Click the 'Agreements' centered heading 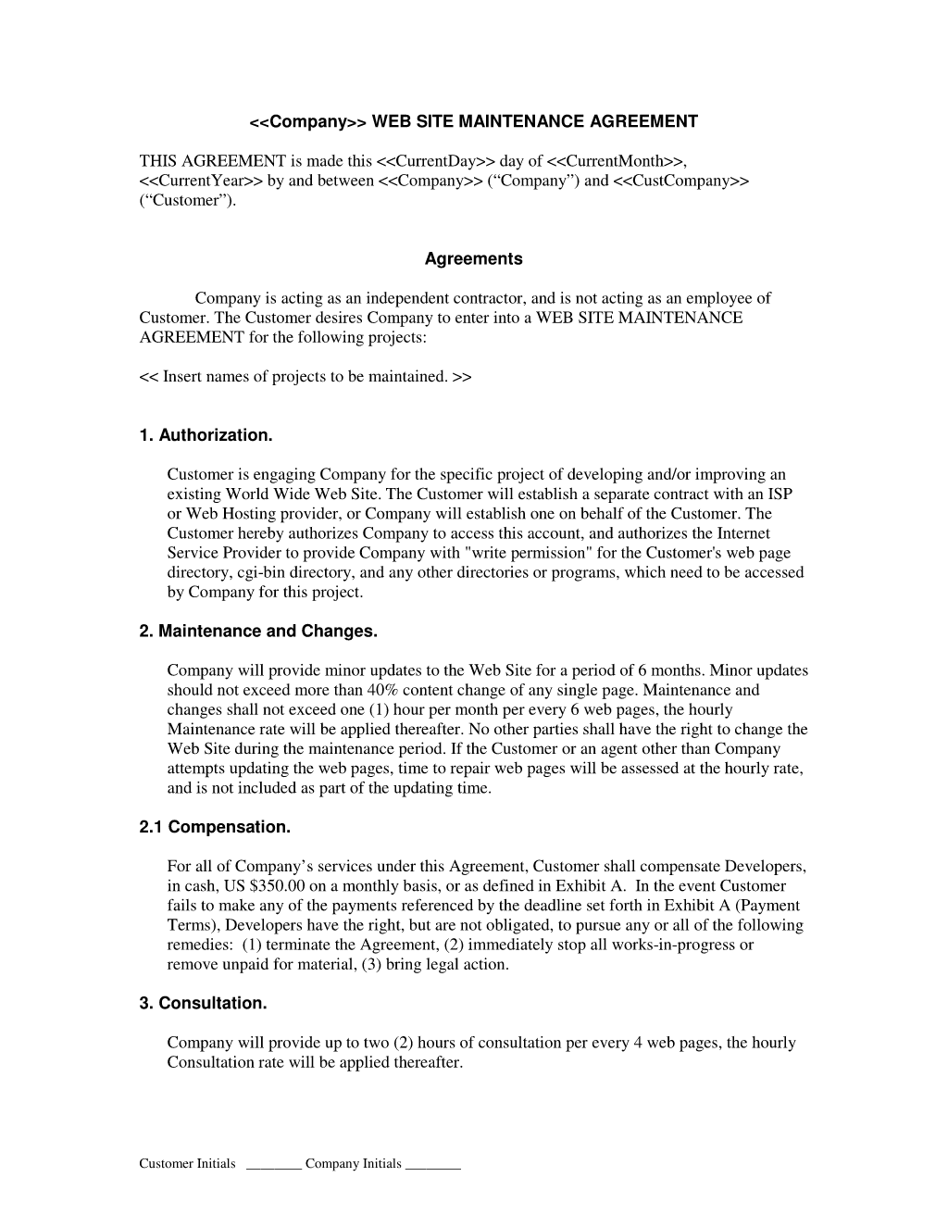[473, 259]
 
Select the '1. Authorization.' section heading [206, 435]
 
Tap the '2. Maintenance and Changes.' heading [258, 632]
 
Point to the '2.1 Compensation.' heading [215, 827]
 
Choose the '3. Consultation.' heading [203, 1004]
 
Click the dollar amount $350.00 [280, 886]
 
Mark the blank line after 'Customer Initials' [274, 1165]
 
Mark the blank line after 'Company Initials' [433, 1165]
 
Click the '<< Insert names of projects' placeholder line [306, 377]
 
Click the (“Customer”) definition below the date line [187, 200]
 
